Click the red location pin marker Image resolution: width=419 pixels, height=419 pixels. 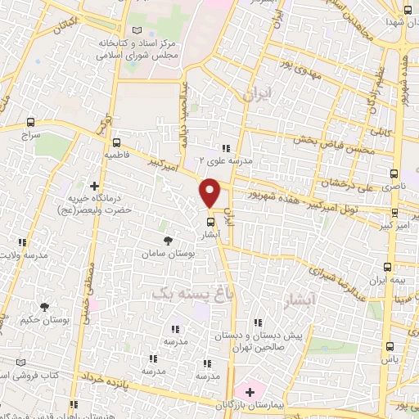click(210, 192)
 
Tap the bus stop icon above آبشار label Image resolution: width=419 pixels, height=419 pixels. click(210, 222)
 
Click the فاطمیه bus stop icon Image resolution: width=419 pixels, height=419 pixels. click(116, 141)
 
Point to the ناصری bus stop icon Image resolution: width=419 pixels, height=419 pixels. click(394, 174)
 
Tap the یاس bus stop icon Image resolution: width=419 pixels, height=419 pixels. click(390, 346)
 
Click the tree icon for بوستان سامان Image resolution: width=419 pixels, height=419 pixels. click(169, 240)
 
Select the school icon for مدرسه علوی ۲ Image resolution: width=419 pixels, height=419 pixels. click(226, 147)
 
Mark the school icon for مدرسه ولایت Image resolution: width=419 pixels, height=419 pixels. click(22, 242)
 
